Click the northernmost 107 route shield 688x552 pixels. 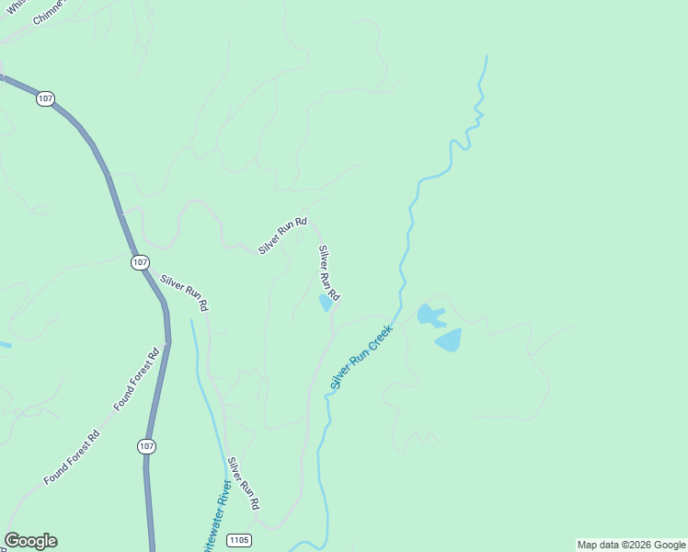44,98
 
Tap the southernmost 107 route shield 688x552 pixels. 146,446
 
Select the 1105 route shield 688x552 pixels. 238,539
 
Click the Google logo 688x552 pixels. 30,541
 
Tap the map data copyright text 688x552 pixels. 631,545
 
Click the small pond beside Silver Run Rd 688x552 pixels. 326,303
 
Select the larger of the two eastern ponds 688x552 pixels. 448,340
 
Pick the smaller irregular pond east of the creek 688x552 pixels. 430,316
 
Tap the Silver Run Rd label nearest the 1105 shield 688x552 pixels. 244,484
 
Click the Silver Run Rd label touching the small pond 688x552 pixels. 329,272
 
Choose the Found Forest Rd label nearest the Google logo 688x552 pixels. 71,459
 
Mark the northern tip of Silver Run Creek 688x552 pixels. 486,57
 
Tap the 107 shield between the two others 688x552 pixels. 139,263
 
